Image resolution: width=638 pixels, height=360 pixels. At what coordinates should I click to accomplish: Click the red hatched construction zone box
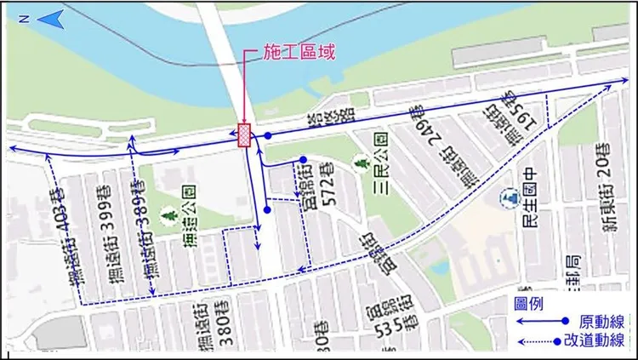(245, 135)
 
